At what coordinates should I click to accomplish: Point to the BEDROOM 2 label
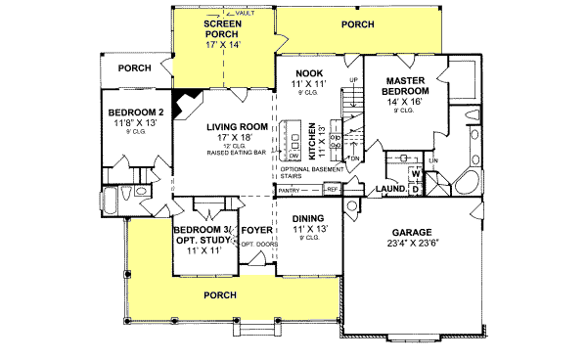[135, 112]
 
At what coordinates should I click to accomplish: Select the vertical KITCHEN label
[312, 143]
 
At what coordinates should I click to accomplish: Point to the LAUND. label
[391, 188]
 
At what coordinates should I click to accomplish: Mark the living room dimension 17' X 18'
[235, 138]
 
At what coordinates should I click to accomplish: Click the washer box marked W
[415, 174]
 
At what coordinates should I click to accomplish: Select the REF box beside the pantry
[332, 187]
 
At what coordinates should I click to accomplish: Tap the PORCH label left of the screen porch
[134, 68]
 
